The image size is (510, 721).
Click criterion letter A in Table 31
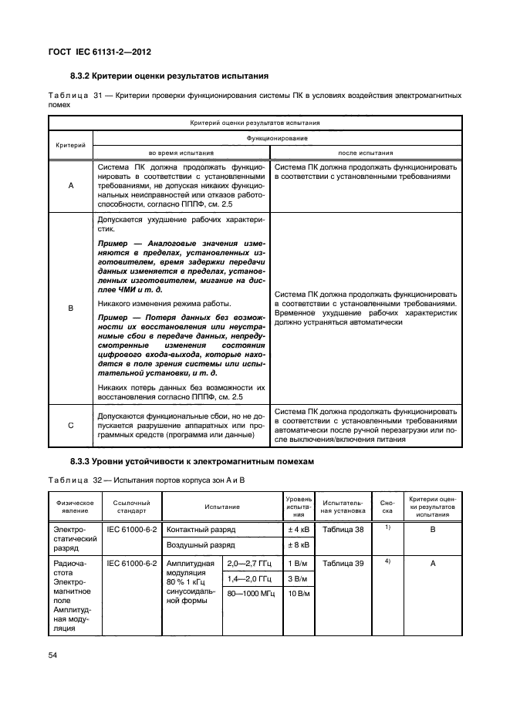71,186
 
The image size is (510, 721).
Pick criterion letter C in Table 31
71,425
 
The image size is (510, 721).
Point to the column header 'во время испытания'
179,152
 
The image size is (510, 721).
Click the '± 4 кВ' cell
299,531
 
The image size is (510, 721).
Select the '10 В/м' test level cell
299,594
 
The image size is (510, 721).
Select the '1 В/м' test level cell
299,563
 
